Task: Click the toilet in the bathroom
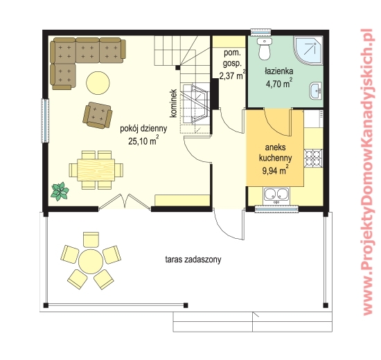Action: click(x=265, y=48)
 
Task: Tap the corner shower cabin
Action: click(x=308, y=51)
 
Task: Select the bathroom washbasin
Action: click(x=316, y=91)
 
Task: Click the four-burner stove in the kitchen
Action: click(x=313, y=158)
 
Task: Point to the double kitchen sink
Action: click(x=276, y=196)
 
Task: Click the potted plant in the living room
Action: click(x=60, y=191)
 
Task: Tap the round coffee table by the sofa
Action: click(x=98, y=82)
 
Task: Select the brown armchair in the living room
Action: click(x=98, y=115)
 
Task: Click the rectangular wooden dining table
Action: click(x=96, y=170)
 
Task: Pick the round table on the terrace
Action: click(x=91, y=260)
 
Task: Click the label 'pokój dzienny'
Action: click(x=143, y=129)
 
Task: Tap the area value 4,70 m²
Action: click(x=279, y=84)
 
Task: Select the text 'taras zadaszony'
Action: click(x=193, y=260)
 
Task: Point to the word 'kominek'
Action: click(x=173, y=103)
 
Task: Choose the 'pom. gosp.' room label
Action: click(x=232, y=58)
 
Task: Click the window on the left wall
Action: click(x=45, y=120)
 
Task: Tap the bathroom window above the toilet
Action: click(x=260, y=32)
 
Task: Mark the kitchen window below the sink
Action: click(x=276, y=209)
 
